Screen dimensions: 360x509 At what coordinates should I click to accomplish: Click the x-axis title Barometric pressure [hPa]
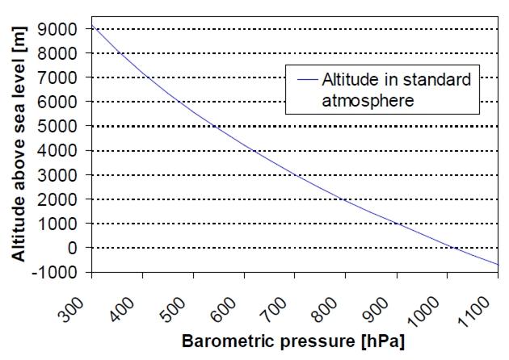pyautogui.click(x=292, y=342)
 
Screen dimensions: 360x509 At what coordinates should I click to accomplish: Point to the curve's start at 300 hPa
pyautogui.click(x=93, y=26)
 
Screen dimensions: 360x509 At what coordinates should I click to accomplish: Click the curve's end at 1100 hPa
pyautogui.click(x=498, y=265)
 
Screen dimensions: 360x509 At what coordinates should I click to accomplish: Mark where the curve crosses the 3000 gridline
pyautogui.click(x=296, y=175)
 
